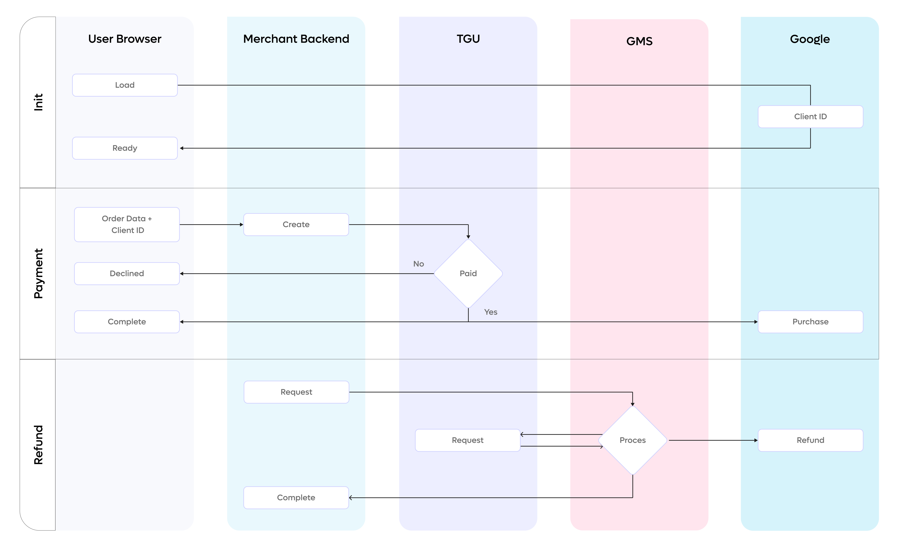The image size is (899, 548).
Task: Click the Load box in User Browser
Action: (x=125, y=85)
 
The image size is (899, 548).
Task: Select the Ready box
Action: (x=125, y=148)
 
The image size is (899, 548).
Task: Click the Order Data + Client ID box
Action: (x=127, y=224)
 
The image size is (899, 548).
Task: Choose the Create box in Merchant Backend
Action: (x=296, y=224)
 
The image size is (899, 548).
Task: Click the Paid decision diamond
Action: (x=468, y=273)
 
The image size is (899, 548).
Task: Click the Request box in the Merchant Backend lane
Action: (x=296, y=392)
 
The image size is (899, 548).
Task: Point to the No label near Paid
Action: (x=419, y=264)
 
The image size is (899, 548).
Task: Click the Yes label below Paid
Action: (x=491, y=312)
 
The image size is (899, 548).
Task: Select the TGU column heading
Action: (x=468, y=39)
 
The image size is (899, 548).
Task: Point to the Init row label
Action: (x=38, y=102)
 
